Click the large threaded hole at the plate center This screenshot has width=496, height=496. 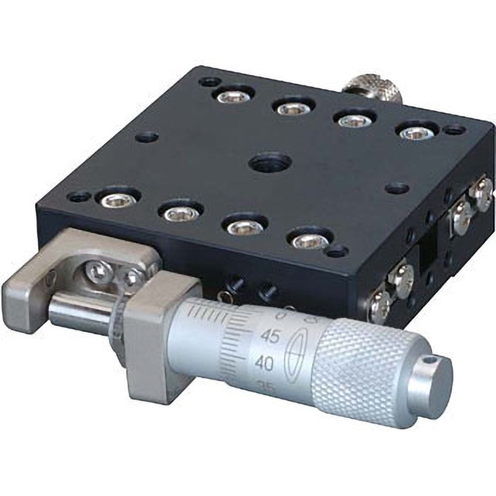pos(270,163)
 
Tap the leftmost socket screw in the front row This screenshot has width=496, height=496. pos(115,199)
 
